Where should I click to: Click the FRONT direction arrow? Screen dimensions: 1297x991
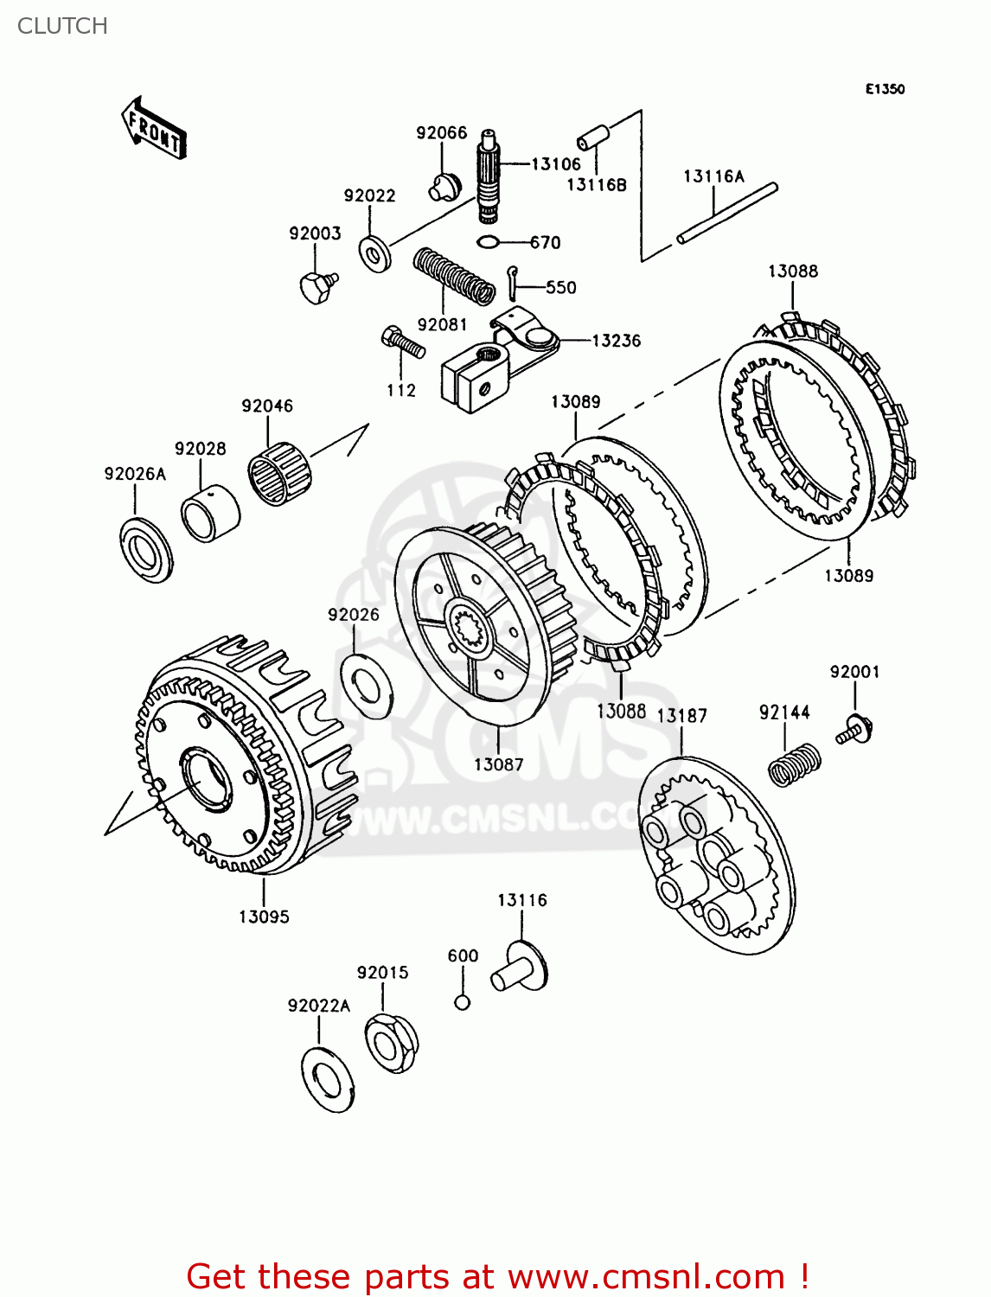[x=154, y=129]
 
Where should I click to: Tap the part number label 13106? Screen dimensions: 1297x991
[x=555, y=163]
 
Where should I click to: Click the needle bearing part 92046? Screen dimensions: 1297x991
[x=279, y=473]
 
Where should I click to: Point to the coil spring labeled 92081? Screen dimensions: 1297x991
[x=452, y=277]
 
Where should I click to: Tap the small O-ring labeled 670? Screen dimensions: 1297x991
[x=488, y=242]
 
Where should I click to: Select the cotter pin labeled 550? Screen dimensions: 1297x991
[x=514, y=282]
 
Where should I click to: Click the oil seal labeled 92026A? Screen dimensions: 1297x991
[x=145, y=548]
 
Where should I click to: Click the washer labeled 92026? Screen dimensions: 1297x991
[x=367, y=687]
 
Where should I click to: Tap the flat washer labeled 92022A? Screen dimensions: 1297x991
[x=328, y=1079]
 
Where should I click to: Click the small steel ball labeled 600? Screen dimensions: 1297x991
[x=463, y=1002]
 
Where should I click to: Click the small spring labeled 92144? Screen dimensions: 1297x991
[x=794, y=764]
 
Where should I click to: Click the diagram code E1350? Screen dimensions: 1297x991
[x=885, y=89]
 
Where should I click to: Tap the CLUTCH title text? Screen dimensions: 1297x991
[x=62, y=26]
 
